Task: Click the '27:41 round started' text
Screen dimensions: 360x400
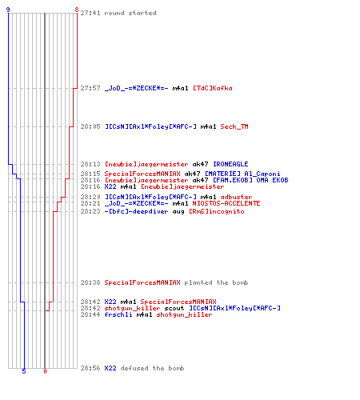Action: (118, 13)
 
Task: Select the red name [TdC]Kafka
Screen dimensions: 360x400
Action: (213, 88)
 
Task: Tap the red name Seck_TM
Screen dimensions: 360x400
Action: (234, 126)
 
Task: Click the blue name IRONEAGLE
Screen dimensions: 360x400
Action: (230, 164)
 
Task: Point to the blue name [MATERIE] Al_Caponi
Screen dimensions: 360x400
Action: (242, 174)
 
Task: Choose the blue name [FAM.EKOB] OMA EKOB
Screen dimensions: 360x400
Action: (250, 180)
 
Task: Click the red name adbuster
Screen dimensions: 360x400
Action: (236, 197)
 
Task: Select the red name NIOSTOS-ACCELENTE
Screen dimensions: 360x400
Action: (226, 203)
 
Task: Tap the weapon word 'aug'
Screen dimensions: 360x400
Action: (178, 211)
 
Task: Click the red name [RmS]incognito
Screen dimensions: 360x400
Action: (217, 211)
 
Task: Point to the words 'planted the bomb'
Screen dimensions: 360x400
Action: (216, 282)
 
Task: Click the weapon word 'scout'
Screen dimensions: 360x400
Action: (174, 308)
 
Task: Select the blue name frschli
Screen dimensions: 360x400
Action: (118, 314)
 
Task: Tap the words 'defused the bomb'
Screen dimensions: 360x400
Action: (152, 368)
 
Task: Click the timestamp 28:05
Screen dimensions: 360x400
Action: (90, 126)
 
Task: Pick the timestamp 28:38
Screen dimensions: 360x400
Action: (90, 282)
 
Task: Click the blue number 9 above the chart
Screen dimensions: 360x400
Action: (8, 10)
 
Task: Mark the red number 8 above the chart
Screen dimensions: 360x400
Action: (77, 10)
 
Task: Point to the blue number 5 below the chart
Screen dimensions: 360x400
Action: (24, 371)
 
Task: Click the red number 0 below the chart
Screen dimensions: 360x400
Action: (45, 371)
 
